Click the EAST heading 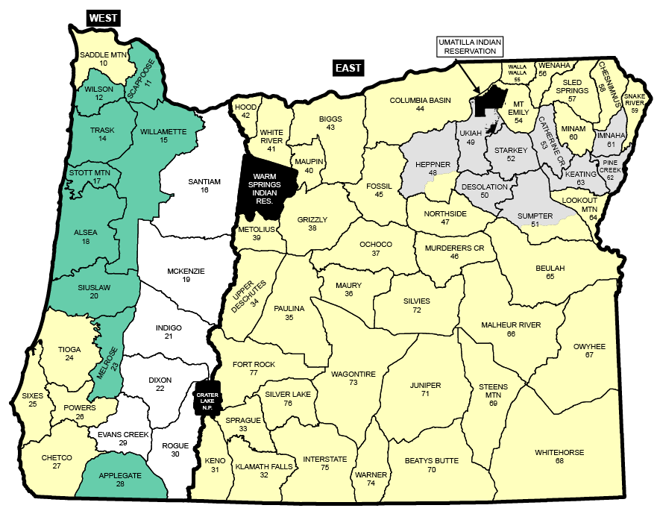point(348,69)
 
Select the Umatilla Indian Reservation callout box point(470,46)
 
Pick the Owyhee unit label point(589,346)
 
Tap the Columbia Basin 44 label point(420,104)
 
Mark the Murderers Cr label point(454,251)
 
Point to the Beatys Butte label point(431,466)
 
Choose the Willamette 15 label point(163,136)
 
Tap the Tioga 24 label point(69,353)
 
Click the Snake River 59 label point(635,103)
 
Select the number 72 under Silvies point(417,310)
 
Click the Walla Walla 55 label point(517,72)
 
